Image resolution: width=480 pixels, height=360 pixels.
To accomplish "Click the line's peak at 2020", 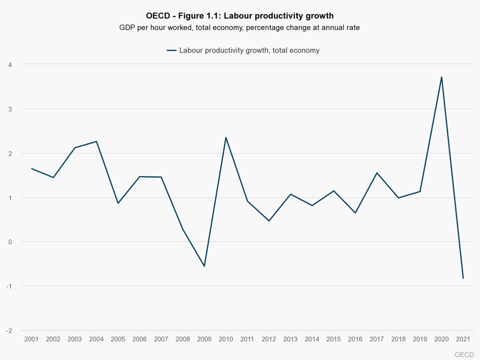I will pos(442,77).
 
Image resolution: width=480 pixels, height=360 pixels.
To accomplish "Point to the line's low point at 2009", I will pos(204,266).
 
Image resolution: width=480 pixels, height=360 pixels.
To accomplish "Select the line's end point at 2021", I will pos(463,278).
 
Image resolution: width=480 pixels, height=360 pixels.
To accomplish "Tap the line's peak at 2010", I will pos(226,137).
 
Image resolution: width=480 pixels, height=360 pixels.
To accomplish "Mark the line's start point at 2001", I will pos(31,168).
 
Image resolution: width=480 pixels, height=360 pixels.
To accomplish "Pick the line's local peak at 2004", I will pos(97,141).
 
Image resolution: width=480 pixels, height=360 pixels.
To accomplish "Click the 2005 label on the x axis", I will pos(118,339).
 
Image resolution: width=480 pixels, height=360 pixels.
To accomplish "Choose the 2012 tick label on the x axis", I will pos(269,339).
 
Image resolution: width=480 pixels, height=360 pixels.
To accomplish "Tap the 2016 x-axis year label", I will pos(355,339).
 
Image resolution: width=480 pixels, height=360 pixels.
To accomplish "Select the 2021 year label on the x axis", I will pos(463,339).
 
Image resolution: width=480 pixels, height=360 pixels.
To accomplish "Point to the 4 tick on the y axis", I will pos(9,64).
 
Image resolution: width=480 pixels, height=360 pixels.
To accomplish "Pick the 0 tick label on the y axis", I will pos(9,242).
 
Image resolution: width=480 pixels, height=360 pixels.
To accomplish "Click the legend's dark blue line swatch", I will pos(171,51).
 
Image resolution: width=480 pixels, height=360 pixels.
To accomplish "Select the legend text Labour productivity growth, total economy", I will pos(249,51).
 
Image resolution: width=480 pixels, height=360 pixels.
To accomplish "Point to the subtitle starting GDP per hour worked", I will pos(240,28).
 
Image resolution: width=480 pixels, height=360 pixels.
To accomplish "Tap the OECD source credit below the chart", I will pos(464,354).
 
